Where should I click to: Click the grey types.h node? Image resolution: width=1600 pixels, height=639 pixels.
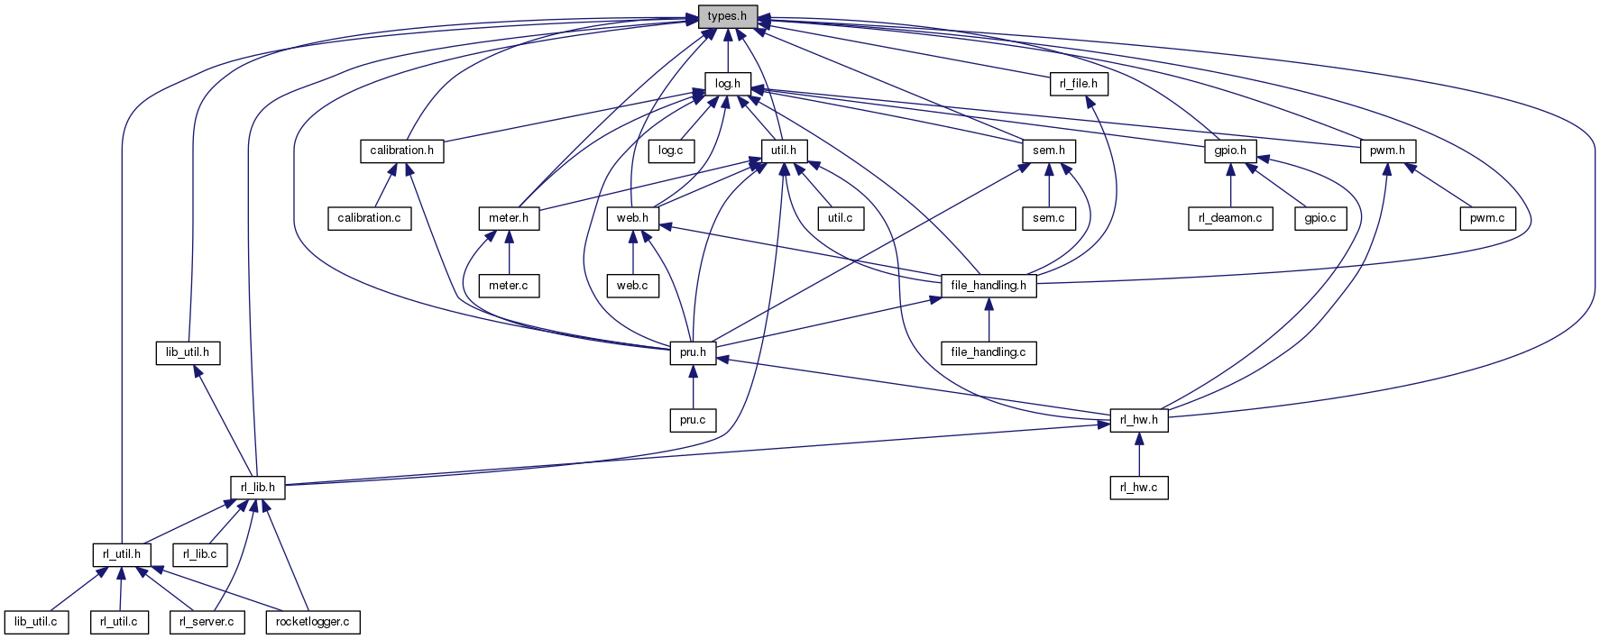(727, 16)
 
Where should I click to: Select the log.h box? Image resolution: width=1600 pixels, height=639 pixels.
(727, 84)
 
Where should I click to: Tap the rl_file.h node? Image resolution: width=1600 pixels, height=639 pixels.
(1079, 84)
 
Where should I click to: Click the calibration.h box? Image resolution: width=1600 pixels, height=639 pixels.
(401, 151)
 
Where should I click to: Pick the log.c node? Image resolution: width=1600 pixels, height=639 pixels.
(671, 151)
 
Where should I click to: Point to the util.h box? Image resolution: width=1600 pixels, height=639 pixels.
(779, 151)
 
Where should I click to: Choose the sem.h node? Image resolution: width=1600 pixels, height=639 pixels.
(1049, 151)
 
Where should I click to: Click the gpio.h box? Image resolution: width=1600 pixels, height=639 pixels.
(1230, 151)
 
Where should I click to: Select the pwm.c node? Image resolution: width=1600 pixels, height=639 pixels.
(1487, 218)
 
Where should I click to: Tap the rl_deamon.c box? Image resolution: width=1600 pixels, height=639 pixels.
(1230, 218)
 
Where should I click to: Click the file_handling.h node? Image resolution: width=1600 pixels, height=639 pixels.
(989, 286)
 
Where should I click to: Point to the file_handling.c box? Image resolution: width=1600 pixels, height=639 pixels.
(989, 352)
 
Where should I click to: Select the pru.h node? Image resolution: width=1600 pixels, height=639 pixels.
(693, 352)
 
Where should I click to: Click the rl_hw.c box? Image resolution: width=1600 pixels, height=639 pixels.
(1139, 488)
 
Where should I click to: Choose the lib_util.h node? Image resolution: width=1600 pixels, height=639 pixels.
(188, 352)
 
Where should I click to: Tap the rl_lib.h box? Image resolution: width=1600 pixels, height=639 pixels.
(258, 488)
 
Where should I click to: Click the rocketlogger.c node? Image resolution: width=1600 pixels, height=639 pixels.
(312, 622)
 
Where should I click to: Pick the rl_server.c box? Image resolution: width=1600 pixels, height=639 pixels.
(207, 622)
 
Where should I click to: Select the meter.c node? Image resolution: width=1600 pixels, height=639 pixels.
(509, 286)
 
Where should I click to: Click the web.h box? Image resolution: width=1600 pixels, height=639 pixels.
(632, 218)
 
